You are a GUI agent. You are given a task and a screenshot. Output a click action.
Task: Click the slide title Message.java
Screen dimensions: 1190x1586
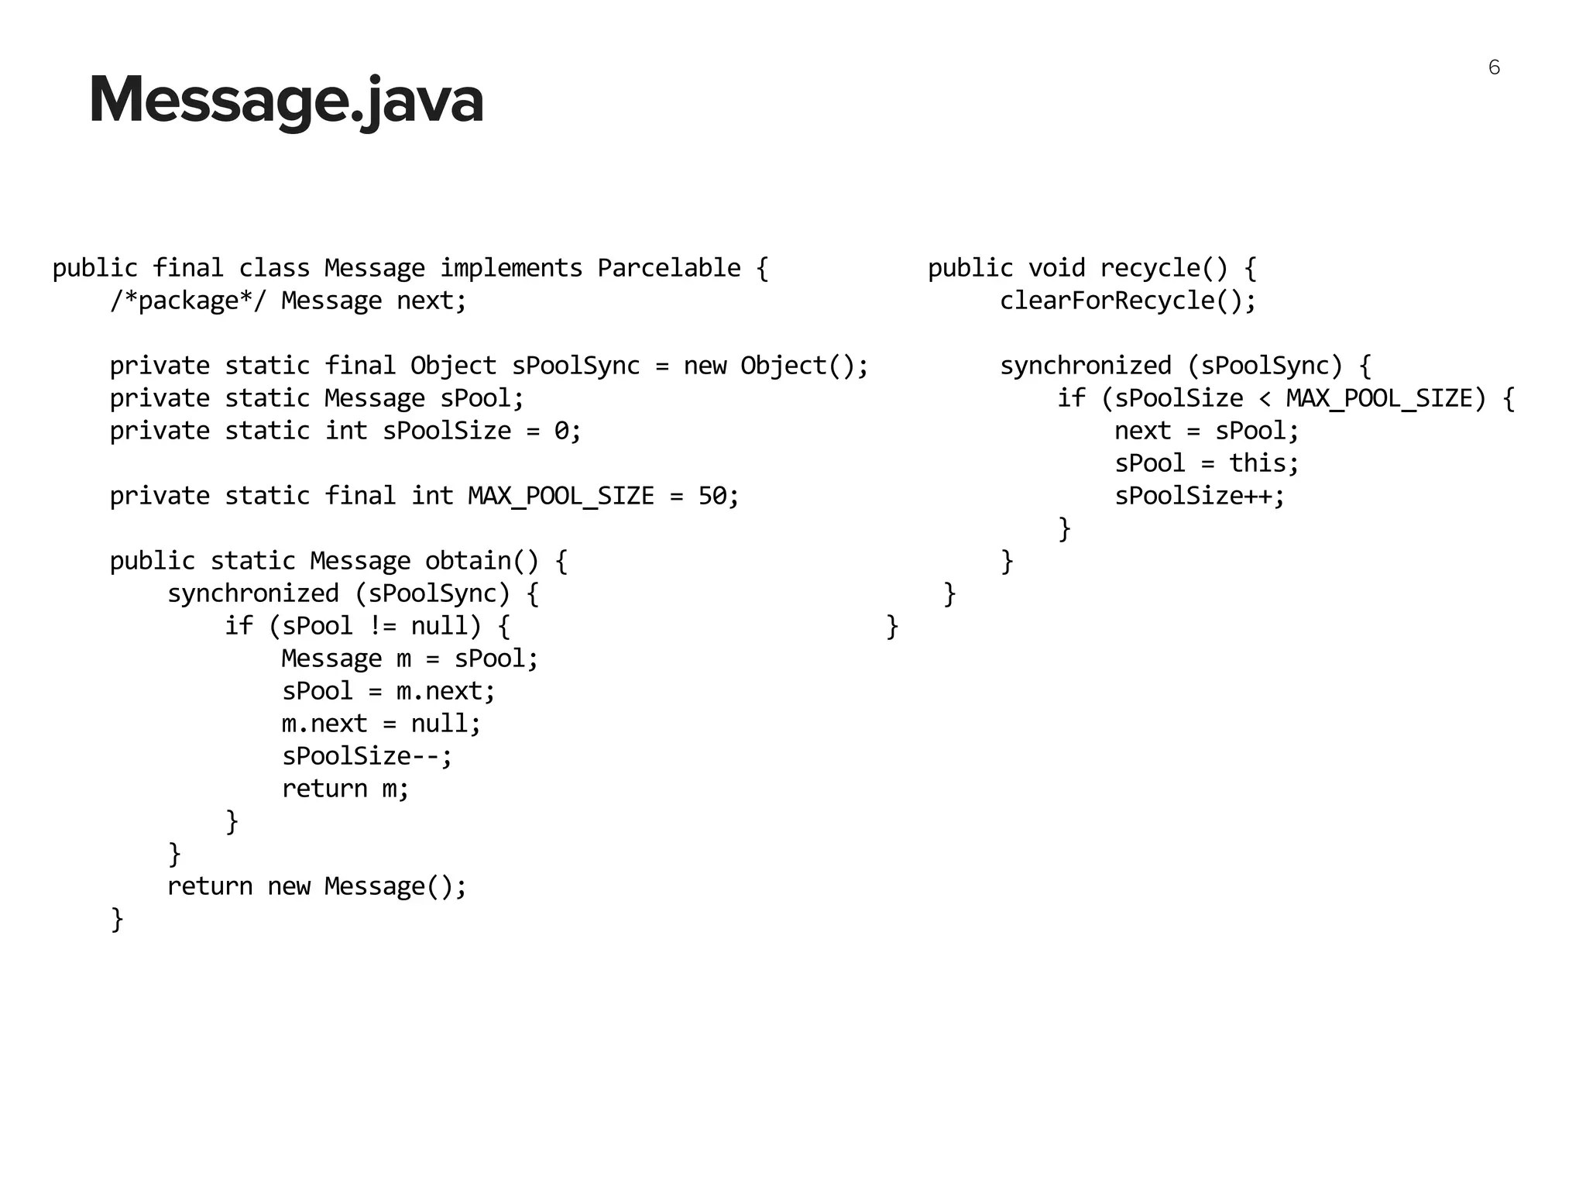pos(286,100)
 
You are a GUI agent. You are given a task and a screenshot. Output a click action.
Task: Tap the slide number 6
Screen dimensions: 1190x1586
pos(1494,68)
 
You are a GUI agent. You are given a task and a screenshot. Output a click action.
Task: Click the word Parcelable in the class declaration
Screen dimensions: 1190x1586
pos(668,268)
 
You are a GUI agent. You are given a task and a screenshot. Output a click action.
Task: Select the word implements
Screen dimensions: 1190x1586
pos(510,268)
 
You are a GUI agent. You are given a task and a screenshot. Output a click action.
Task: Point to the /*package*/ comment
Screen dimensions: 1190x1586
pos(187,301)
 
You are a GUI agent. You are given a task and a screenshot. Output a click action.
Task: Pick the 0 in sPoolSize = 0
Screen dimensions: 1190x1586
pos(561,431)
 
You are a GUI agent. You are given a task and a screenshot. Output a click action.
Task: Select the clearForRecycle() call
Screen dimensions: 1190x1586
pos(1127,301)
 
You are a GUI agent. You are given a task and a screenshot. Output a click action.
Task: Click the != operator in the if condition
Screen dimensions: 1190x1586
pos(383,626)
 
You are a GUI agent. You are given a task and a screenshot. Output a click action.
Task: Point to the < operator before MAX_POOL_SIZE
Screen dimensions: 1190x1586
pos(1265,398)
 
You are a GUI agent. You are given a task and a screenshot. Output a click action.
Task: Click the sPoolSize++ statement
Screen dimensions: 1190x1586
pos(1199,496)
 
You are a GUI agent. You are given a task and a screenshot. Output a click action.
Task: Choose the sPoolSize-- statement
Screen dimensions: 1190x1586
pos(366,756)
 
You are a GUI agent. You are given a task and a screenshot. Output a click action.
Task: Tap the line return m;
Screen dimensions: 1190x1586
pos(345,789)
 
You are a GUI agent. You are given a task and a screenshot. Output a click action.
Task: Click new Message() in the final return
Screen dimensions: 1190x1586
pos(366,886)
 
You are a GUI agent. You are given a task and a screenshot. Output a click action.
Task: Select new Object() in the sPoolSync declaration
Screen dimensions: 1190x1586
pos(775,366)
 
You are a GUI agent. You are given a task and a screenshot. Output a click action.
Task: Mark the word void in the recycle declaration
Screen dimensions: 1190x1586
pos(1056,268)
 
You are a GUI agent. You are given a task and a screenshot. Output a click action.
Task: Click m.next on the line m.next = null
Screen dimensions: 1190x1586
pos(324,724)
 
